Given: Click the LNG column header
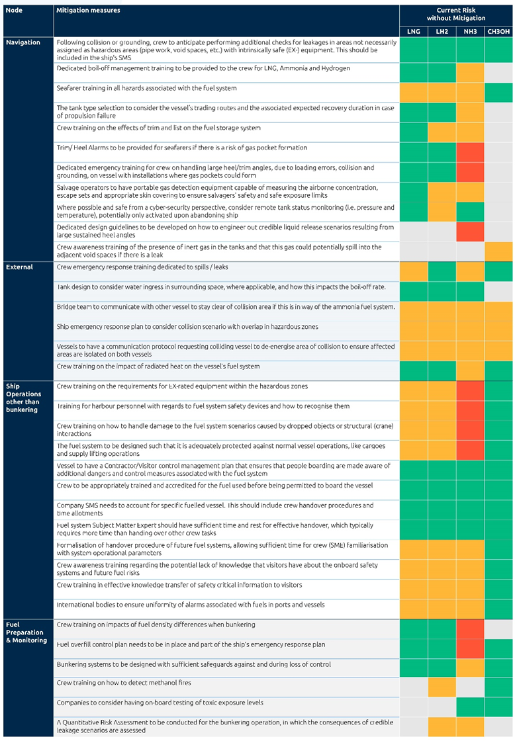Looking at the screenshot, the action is (x=413, y=32).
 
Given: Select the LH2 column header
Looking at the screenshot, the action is (x=442, y=32).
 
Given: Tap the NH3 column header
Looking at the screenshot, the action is (x=470, y=32).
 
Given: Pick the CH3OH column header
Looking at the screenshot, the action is (x=498, y=32).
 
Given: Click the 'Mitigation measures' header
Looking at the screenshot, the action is (x=88, y=11).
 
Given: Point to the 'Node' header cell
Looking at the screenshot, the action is (x=14, y=11).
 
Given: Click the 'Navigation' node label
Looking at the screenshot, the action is (x=23, y=42).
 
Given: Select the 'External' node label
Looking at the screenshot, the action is (x=19, y=267).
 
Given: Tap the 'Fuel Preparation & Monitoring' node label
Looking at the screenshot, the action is (x=26, y=632).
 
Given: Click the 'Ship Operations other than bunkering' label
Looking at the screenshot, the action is (x=24, y=398).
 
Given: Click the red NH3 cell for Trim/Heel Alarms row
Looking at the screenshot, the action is (x=470, y=152).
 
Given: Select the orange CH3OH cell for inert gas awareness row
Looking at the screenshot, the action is (x=498, y=251).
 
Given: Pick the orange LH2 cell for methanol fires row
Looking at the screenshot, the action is (x=442, y=687).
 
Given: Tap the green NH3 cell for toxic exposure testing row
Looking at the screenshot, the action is (x=470, y=707).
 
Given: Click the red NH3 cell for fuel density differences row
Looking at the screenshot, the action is (x=470, y=629).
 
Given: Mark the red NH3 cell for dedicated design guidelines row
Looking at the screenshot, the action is (x=470, y=232).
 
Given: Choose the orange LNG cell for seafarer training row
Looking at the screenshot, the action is (x=413, y=93).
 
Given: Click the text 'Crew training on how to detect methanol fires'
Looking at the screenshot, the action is (x=123, y=683).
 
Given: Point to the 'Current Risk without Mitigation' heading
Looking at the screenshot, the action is (x=456, y=14).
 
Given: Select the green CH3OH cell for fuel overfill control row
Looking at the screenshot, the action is (x=498, y=649).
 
